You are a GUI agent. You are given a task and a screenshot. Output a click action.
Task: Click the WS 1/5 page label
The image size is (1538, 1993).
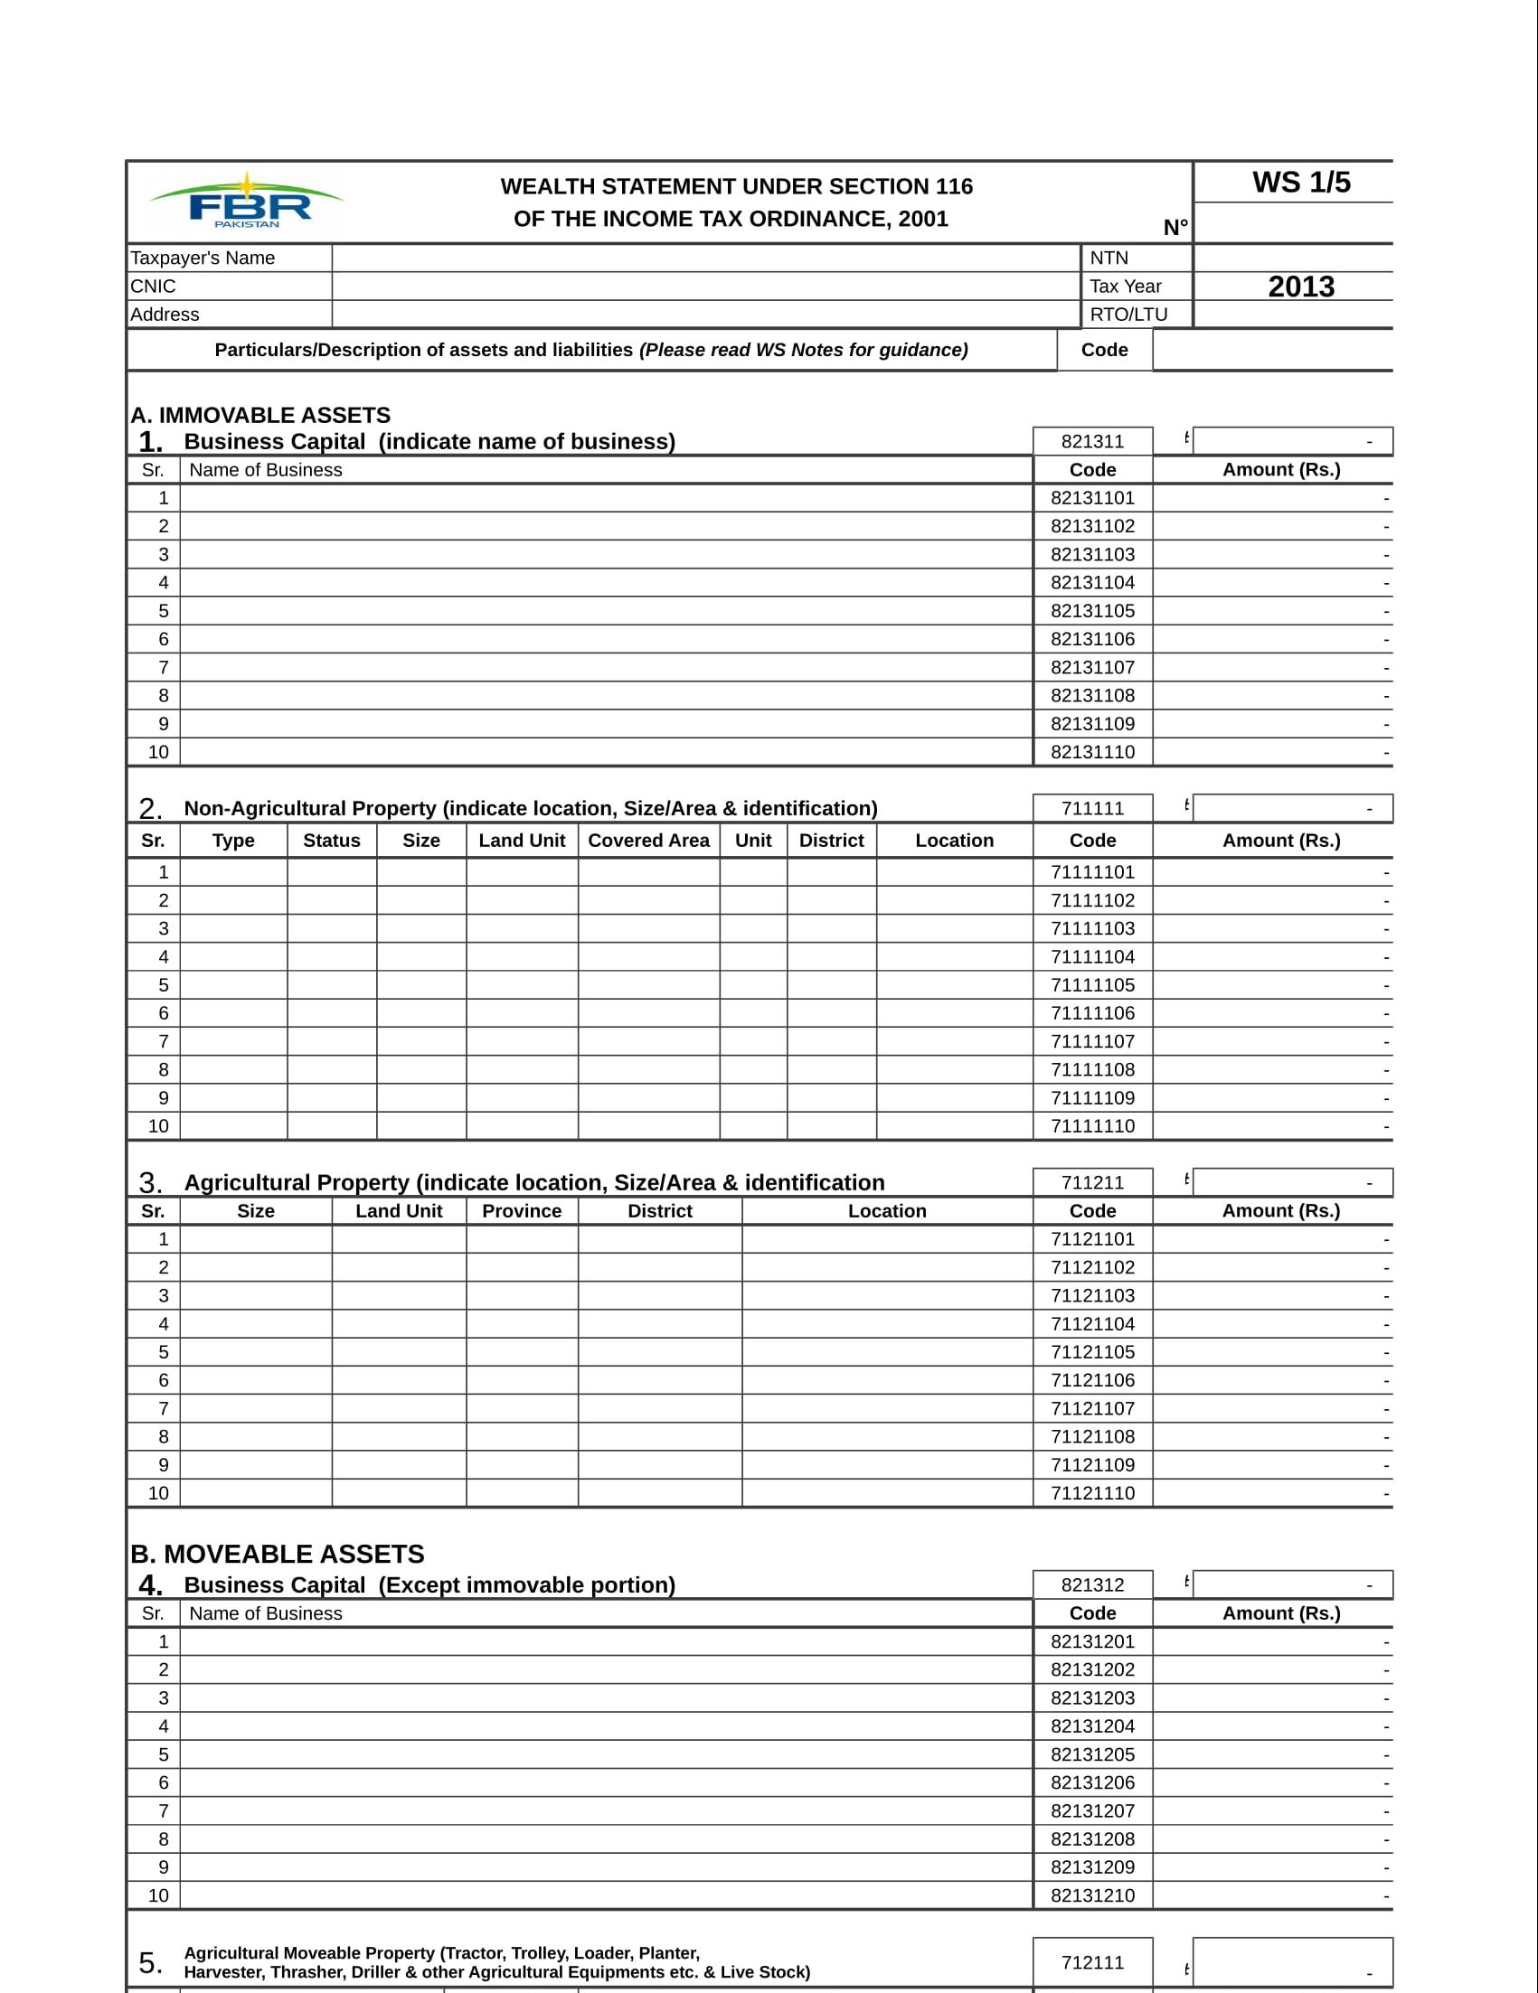click(1301, 183)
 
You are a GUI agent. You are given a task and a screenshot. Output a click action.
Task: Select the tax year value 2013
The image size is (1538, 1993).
click(1301, 287)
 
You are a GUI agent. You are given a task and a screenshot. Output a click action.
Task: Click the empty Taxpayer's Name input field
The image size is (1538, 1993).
click(704, 259)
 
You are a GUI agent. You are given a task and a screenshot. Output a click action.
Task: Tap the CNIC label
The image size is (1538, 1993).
click(154, 287)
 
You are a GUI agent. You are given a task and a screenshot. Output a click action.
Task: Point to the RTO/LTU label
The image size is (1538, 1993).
click(1128, 315)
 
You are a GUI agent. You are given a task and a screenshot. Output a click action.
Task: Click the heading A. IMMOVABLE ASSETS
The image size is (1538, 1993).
click(260, 415)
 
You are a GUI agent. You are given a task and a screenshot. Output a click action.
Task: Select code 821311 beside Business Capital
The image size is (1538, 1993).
click(1092, 442)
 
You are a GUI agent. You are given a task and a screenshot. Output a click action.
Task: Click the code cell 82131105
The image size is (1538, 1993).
click(1092, 611)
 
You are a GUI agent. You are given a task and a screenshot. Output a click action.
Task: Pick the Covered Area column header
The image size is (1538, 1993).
click(648, 841)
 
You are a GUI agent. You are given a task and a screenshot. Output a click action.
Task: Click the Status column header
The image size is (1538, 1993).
click(331, 841)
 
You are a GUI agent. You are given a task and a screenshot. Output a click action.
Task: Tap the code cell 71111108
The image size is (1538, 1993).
click(1092, 1069)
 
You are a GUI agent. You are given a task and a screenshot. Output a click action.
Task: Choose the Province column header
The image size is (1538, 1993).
click(521, 1211)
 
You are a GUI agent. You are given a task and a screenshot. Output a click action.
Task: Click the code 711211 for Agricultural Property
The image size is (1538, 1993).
click(1092, 1182)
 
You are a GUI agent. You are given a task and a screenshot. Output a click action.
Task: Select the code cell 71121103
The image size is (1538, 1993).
click(1092, 1296)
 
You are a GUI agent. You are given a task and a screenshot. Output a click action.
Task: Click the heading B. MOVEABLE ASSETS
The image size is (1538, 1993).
click(277, 1554)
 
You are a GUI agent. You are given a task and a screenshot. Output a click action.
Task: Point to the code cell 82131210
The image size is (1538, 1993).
click(1092, 1895)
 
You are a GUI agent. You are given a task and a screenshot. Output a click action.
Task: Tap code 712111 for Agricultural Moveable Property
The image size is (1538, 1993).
click(1092, 1962)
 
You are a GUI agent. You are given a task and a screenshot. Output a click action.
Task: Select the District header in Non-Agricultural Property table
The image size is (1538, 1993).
click(831, 841)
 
